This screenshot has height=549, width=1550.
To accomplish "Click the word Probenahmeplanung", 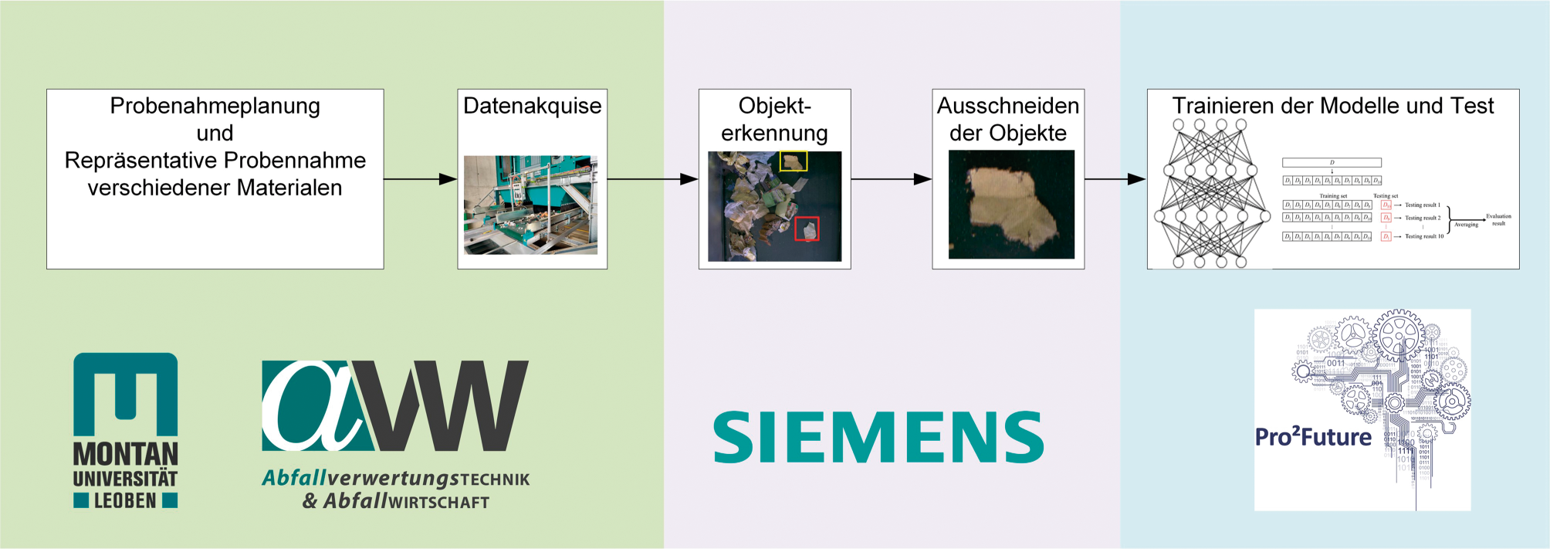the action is coord(215,106).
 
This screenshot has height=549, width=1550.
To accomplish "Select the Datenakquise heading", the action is coord(532,106).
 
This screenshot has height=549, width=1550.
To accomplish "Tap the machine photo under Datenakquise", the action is coord(530,205).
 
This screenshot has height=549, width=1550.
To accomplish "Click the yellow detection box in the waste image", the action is coord(794,161).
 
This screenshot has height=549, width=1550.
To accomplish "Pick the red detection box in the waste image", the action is coord(807,229).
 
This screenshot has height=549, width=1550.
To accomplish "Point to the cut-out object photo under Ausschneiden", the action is coord(1011,204).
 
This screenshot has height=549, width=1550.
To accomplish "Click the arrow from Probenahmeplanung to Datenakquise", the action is coord(420,179).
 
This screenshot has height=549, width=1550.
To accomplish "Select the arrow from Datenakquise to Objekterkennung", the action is coord(652,179).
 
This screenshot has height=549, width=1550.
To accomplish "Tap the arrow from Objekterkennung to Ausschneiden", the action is coord(891,179).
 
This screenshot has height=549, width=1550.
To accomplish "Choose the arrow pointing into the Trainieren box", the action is coord(1115,179).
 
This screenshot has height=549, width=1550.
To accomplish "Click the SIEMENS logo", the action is coord(878,437).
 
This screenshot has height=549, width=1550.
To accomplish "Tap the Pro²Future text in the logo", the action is coord(1313,437).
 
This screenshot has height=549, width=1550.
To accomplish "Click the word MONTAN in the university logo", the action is coord(125,454).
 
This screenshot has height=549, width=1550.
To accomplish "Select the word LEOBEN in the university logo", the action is coord(125,501).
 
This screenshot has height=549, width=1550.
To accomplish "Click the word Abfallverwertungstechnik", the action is coord(395,479).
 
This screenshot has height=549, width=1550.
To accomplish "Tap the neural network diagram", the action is coord(1210,193).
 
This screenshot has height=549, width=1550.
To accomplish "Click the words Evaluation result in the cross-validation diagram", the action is coord(1498,219).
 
